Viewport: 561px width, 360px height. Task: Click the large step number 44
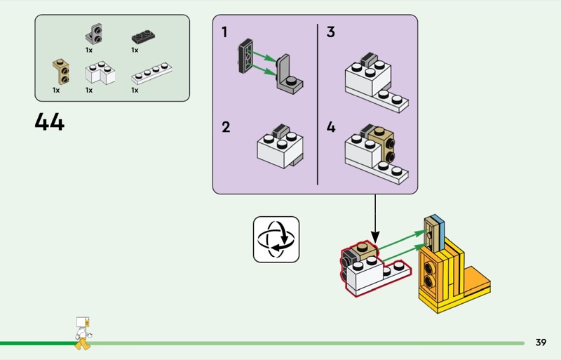tap(49, 123)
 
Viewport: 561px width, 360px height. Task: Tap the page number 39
tap(540, 342)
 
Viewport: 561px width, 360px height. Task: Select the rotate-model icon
tap(276, 239)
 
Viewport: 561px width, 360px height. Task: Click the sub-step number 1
tap(224, 32)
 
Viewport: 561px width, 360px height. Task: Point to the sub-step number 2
tap(226, 128)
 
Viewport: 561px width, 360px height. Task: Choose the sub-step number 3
tap(330, 32)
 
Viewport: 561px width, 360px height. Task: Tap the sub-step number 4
tap(330, 128)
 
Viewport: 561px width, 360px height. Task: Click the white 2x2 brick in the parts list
tap(100, 73)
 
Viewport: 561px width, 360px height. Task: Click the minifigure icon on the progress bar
tap(83, 333)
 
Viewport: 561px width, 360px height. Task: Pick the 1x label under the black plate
tap(135, 51)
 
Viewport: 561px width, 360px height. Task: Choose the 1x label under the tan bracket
tap(56, 90)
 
